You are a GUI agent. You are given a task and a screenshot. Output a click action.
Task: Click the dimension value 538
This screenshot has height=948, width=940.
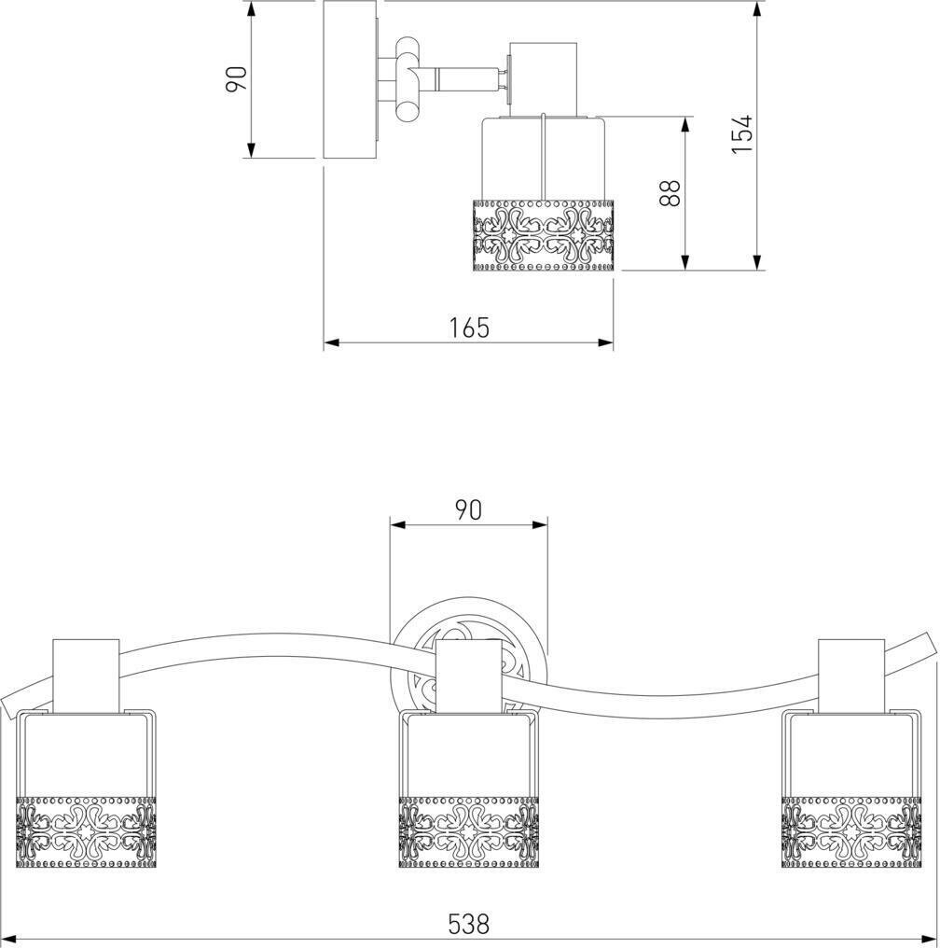click(x=468, y=923)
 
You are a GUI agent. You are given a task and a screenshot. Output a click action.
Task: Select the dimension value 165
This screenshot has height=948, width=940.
click(x=469, y=328)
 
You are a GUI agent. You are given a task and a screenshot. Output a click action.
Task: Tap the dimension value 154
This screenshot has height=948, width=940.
click(x=741, y=133)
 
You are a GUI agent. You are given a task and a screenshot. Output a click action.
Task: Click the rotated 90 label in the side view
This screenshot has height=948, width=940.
click(x=237, y=78)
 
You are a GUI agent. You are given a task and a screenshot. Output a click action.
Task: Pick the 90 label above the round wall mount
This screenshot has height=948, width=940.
click(x=468, y=509)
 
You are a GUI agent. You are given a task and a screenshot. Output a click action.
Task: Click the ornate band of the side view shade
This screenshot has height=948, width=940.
click(x=545, y=235)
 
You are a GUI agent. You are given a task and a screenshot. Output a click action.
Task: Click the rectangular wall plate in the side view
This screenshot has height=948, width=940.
click(x=349, y=79)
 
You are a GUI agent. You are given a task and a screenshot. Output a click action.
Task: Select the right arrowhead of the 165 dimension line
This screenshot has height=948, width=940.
click(x=607, y=343)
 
